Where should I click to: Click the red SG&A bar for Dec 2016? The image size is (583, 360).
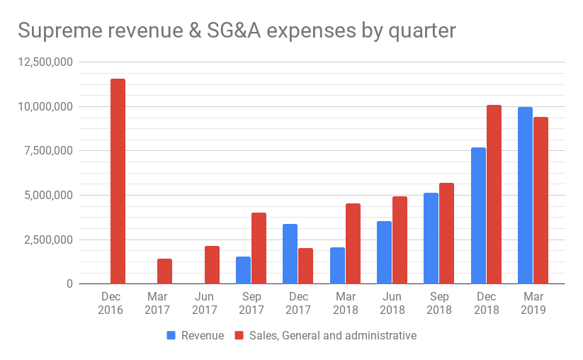[118, 181]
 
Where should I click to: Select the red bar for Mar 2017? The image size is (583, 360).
[164, 271]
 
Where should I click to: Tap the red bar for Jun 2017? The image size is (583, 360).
[212, 265]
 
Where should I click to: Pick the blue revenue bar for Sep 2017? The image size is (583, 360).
[243, 270]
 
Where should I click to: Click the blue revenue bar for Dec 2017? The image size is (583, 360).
[290, 254]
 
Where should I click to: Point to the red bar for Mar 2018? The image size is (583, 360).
[353, 244]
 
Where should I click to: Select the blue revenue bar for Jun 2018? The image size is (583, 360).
[384, 252]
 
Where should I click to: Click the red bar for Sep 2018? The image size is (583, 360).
[446, 233]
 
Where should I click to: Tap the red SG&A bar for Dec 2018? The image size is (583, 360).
[494, 194]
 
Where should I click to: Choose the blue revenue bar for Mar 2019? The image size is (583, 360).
[525, 196]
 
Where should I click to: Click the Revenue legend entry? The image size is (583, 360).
[196, 335]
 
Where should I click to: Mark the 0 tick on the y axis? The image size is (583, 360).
[68, 283]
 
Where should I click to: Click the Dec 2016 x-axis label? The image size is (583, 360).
[111, 303]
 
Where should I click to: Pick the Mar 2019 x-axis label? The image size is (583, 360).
[533, 303]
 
